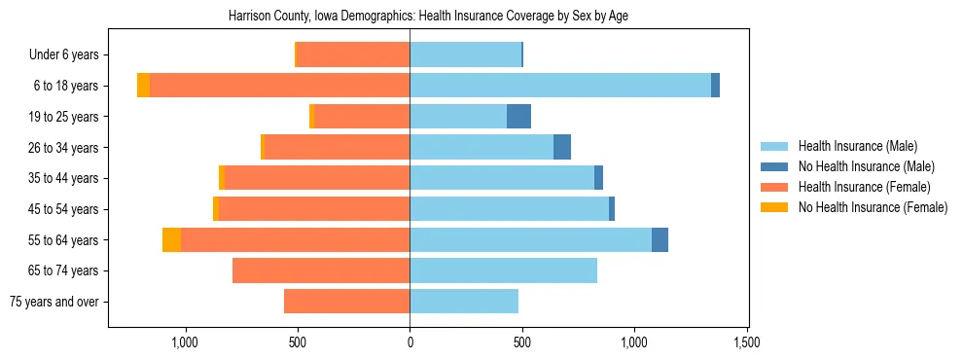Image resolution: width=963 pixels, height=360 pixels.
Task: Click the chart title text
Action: click(x=428, y=17)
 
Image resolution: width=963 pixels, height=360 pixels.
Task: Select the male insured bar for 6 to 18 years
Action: click(x=560, y=86)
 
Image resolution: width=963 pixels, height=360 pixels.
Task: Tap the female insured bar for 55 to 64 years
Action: click(x=295, y=239)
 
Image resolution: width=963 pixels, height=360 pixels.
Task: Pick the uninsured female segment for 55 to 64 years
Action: click(x=171, y=239)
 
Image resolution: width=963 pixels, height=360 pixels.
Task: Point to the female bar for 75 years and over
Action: click(x=346, y=302)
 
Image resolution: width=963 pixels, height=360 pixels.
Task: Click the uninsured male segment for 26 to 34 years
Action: click(x=561, y=147)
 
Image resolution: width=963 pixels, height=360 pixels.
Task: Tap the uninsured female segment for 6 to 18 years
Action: click(x=143, y=86)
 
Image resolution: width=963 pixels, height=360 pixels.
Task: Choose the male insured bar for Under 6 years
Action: click(x=465, y=54)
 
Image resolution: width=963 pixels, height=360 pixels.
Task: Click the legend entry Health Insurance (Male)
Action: click(x=857, y=147)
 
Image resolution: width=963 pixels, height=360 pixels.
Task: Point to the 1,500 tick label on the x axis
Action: click(x=746, y=342)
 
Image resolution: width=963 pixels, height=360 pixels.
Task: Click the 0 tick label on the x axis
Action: click(x=410, y=342)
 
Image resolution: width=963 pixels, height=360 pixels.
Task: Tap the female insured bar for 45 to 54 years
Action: click(x=314, y=209)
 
